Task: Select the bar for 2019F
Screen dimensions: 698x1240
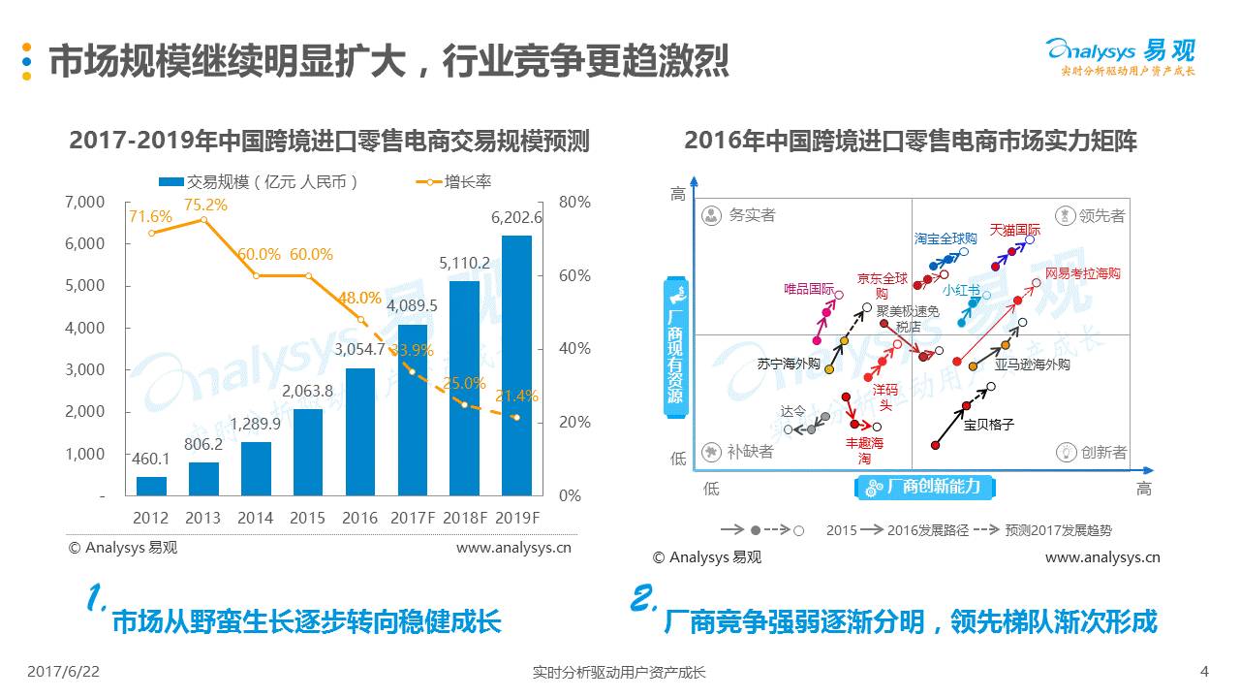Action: [516, 365]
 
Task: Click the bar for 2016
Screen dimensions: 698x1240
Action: [359, 431]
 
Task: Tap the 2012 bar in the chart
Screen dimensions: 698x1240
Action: [151, 486]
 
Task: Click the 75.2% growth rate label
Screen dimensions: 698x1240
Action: [205, 205]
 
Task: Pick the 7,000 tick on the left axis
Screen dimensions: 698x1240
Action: [85, 202]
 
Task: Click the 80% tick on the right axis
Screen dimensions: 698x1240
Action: [574, 202]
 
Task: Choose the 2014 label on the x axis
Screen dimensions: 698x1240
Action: [256, 518]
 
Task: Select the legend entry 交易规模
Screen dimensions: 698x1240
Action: [260, 181]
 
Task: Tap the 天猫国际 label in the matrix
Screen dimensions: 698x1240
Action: [1015, 231]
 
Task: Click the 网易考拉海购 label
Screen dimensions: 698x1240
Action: [1083, 274]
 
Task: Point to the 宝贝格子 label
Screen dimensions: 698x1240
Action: [988, 424]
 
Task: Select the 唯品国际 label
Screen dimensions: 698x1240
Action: [809, 289]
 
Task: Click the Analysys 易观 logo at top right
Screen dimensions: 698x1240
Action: [1121, 54]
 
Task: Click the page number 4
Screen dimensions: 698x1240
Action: [1204, 671]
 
